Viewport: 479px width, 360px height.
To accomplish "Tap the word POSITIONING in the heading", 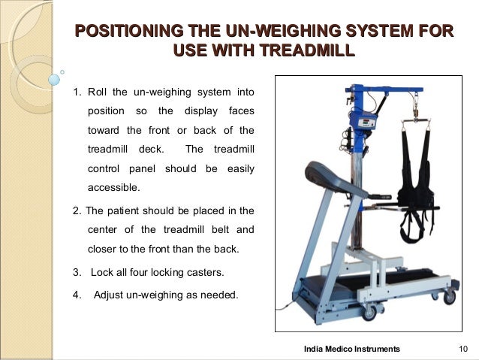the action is [129, 31].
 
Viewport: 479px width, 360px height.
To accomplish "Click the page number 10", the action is [463, 349].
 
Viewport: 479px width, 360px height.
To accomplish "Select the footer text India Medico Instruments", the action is [352, 349].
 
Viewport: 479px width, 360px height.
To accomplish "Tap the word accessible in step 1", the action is [113, 187].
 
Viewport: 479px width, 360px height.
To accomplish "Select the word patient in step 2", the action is [123, 210].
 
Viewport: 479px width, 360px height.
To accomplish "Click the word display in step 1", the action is [201, 111].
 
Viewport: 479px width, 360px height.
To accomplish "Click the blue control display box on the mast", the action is [363, 121].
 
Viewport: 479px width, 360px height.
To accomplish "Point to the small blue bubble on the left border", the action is [54, 80].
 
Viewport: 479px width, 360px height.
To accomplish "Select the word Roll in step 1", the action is [97, 92].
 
